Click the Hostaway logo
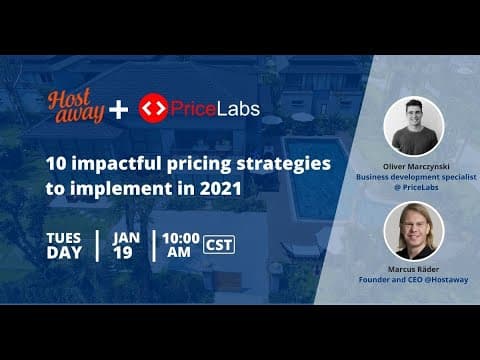coord(76,107)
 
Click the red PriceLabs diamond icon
coord(152,108)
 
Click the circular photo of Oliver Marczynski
coord(412,126)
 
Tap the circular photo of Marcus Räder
coord(412,231)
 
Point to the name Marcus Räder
coord(412,270)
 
